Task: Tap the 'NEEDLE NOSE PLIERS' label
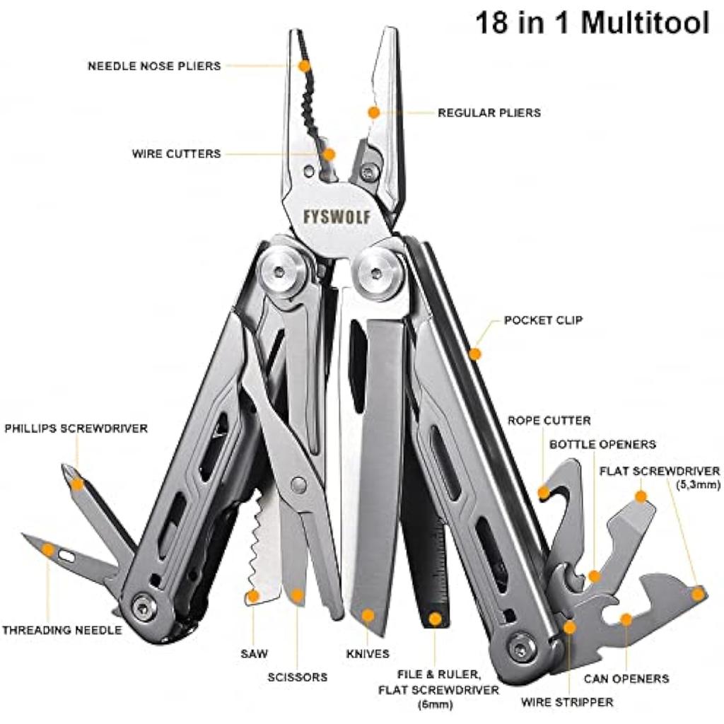154,66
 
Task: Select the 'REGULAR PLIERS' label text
489,112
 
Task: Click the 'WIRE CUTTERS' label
176,153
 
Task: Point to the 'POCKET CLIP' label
543,320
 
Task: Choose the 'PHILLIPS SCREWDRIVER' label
76,428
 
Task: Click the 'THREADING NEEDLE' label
62,630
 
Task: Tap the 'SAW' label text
254,654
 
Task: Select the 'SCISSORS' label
297,677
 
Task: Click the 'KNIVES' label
367,654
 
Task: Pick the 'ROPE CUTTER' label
549,421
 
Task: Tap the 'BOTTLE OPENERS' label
602,445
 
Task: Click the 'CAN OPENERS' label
626,679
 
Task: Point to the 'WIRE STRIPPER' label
567,702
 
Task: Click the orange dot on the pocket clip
475,352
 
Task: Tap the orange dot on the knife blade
367,614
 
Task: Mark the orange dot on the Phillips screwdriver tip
76,484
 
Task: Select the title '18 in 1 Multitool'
591,23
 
